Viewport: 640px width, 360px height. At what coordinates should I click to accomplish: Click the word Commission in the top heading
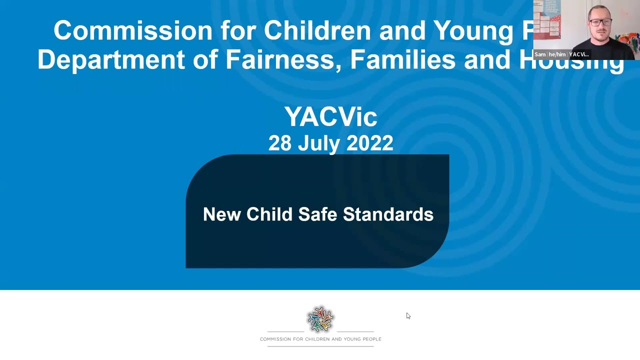tap(133, 31)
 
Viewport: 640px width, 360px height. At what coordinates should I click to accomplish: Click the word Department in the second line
tap(111, 59)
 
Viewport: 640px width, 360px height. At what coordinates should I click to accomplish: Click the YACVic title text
tap(330, 117)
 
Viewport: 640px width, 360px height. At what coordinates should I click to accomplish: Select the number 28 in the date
tap(280, 143)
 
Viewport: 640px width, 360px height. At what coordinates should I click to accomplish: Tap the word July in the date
tap(320, 144)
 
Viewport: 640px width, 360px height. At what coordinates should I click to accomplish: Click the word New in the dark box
tap(222, 214)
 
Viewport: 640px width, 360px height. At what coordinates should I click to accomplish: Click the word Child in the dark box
tap(269, 214)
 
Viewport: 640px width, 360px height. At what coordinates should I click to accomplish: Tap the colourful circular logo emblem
tap(320, 319)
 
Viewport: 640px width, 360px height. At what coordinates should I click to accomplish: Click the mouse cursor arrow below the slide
tap(408, 315)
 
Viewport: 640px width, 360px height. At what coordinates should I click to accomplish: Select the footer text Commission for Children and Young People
tap(320, 339)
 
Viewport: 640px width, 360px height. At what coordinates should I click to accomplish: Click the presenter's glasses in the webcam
tap(599, 22)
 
